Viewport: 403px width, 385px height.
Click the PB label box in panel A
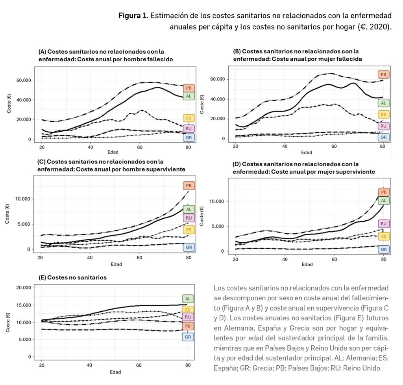coord(189,88)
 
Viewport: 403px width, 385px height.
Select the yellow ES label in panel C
coord(189,230)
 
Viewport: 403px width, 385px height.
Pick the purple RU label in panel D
coord(383,224)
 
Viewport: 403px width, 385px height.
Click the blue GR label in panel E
coord(188,337)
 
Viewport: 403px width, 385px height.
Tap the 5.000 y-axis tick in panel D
coord(218,227)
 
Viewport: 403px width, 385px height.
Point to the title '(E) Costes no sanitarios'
coord(72,277)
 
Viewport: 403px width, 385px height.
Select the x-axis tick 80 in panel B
coord(382,147)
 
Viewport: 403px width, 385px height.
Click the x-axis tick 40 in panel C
coord(90,257)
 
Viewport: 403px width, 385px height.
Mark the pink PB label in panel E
coord(188,326)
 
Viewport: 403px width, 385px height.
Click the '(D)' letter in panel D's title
coord(237,164)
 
